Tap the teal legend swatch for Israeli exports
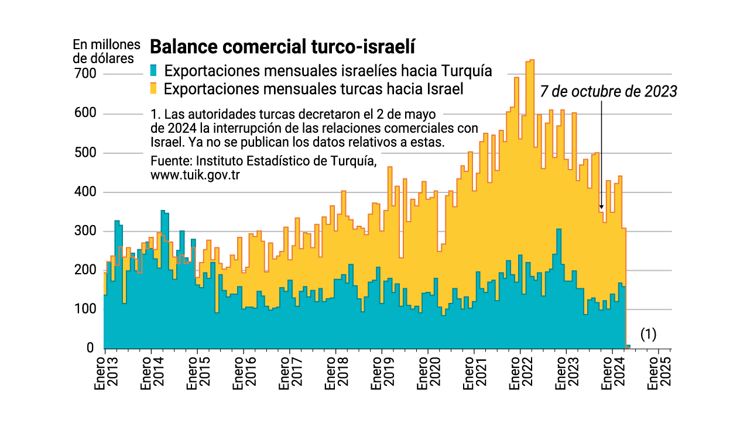tap(154, 71)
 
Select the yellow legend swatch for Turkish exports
tap(154, 89)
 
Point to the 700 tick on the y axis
tap(83, 74)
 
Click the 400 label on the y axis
tap(83, 192)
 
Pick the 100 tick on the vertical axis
tap(83, 309)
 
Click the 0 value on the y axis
tap(90, 348)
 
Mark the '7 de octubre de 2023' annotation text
tap(608, 92)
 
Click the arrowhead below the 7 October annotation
tap(601, 206)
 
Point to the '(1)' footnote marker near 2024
tap(648, 335)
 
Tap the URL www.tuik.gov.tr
tap(196, 174)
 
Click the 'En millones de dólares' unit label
tap(107, 51)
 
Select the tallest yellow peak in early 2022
tap(532, 61)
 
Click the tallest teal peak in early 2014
tap(163, 212)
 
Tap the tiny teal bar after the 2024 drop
tap(628, 346)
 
